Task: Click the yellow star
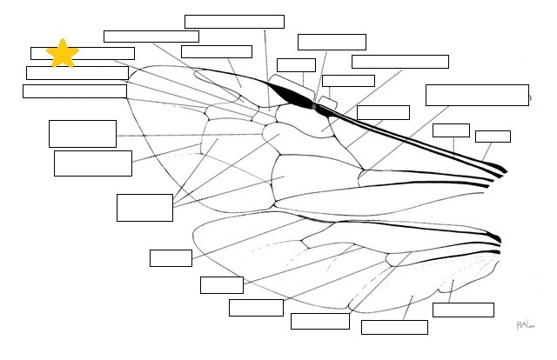63,53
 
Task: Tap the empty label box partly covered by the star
96,53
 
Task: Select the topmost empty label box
234,22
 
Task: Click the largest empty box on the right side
477,95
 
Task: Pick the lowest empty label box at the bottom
394,327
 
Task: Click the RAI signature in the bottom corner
523,324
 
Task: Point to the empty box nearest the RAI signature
463,310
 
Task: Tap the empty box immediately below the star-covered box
77,72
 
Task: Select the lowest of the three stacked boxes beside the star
75,91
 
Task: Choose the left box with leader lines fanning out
144,208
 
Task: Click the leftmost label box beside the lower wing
171,258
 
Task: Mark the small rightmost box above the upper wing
493,137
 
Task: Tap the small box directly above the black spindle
296,65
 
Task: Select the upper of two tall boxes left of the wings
83,134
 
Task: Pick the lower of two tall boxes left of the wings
93,163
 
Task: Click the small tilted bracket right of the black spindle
327,103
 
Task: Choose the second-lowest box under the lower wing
320,321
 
